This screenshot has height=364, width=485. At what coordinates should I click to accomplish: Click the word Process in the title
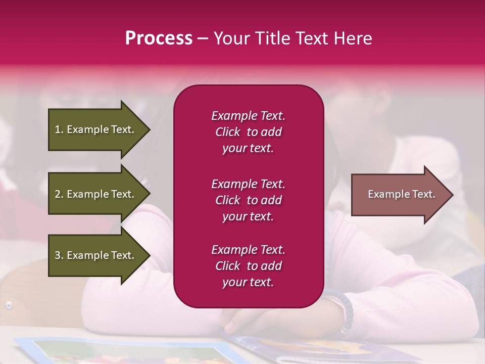coord(159,38)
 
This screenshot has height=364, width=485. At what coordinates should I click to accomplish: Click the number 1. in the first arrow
coord(59,129)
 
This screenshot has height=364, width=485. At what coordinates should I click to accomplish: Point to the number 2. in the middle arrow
coord(59,194)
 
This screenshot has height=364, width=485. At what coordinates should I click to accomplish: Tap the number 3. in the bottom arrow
coord(59,255)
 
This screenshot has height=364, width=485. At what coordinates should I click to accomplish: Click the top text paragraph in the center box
coord(248,132)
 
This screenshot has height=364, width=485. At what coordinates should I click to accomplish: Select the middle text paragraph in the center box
coord(248,200)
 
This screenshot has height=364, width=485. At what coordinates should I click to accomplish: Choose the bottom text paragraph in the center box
coord(248,266)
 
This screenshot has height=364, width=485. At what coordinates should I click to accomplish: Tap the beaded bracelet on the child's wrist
coord(346,310)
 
